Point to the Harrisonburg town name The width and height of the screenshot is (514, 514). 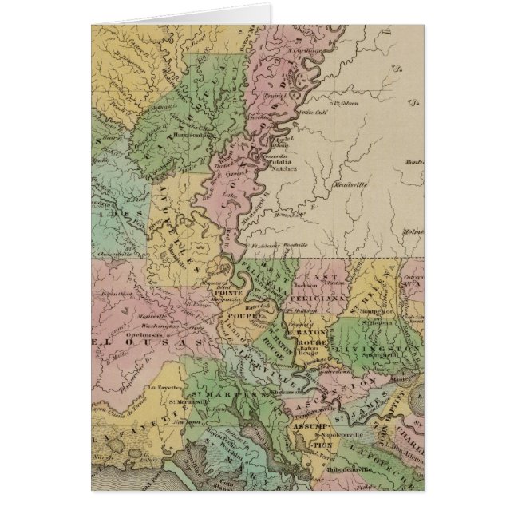pos(192,135)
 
